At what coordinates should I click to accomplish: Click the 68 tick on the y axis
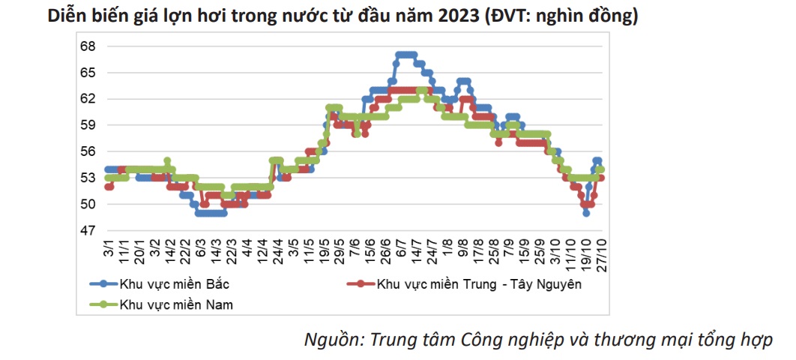[x=88, y=46]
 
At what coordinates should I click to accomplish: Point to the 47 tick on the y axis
[x=88, y=230]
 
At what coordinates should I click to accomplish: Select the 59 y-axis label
[x=88, y=125]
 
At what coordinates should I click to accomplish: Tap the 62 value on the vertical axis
[x=88, y=99]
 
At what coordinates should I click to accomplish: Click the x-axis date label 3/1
[x=109, y=246]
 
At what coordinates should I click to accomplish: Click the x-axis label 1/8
[x=447, y=247]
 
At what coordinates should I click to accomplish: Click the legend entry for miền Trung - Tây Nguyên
[x=480, y=283]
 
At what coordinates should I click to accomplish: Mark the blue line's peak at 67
[x=405, y=55]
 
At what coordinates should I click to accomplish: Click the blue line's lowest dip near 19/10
[x=586, y=213]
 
